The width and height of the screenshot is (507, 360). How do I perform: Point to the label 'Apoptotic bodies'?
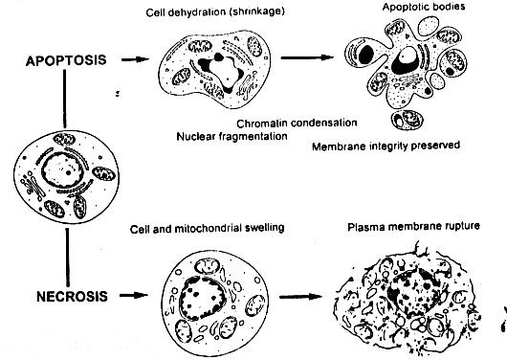coord(415,8)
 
